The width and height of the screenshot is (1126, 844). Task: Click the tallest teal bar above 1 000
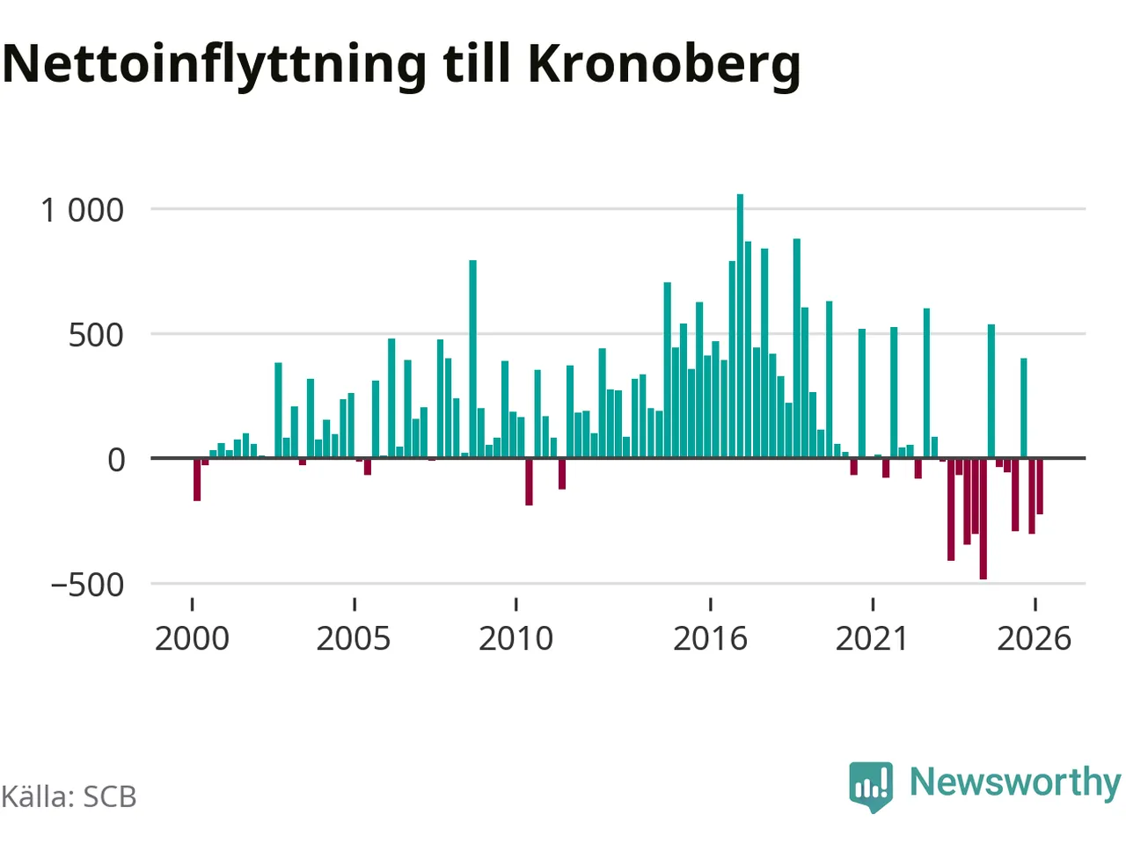pos(740,325)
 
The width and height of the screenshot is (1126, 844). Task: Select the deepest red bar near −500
pos(983,519)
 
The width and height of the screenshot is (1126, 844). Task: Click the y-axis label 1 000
pos(82,211)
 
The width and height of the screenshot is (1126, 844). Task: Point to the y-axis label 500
pos(96,336)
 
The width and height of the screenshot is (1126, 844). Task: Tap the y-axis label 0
pos(116,460)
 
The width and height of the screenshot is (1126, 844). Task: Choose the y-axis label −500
pos(87,586)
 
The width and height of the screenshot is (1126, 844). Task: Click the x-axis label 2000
pos(192,638)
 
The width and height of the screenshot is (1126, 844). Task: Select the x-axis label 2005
pos(354,638)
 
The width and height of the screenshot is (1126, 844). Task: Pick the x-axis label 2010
pos(515,638)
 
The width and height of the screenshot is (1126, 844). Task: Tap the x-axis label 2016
pos(710,638)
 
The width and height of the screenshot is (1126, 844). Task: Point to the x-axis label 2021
pos(872,638)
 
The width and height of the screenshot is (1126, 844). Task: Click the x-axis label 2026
pos(1035,638)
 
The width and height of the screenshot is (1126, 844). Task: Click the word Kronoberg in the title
pos(664,66)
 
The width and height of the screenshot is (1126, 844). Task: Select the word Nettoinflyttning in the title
pos(214,66)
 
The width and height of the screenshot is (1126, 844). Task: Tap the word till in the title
pos(477,62)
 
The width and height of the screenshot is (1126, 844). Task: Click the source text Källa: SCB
pos(69,797)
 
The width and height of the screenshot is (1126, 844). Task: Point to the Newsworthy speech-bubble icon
pos(871,787)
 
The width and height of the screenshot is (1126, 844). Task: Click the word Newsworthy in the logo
pos(1016,783)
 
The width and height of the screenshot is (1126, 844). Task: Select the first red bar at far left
pos(197,480)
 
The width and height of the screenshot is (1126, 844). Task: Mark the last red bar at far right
pos(1040,486)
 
